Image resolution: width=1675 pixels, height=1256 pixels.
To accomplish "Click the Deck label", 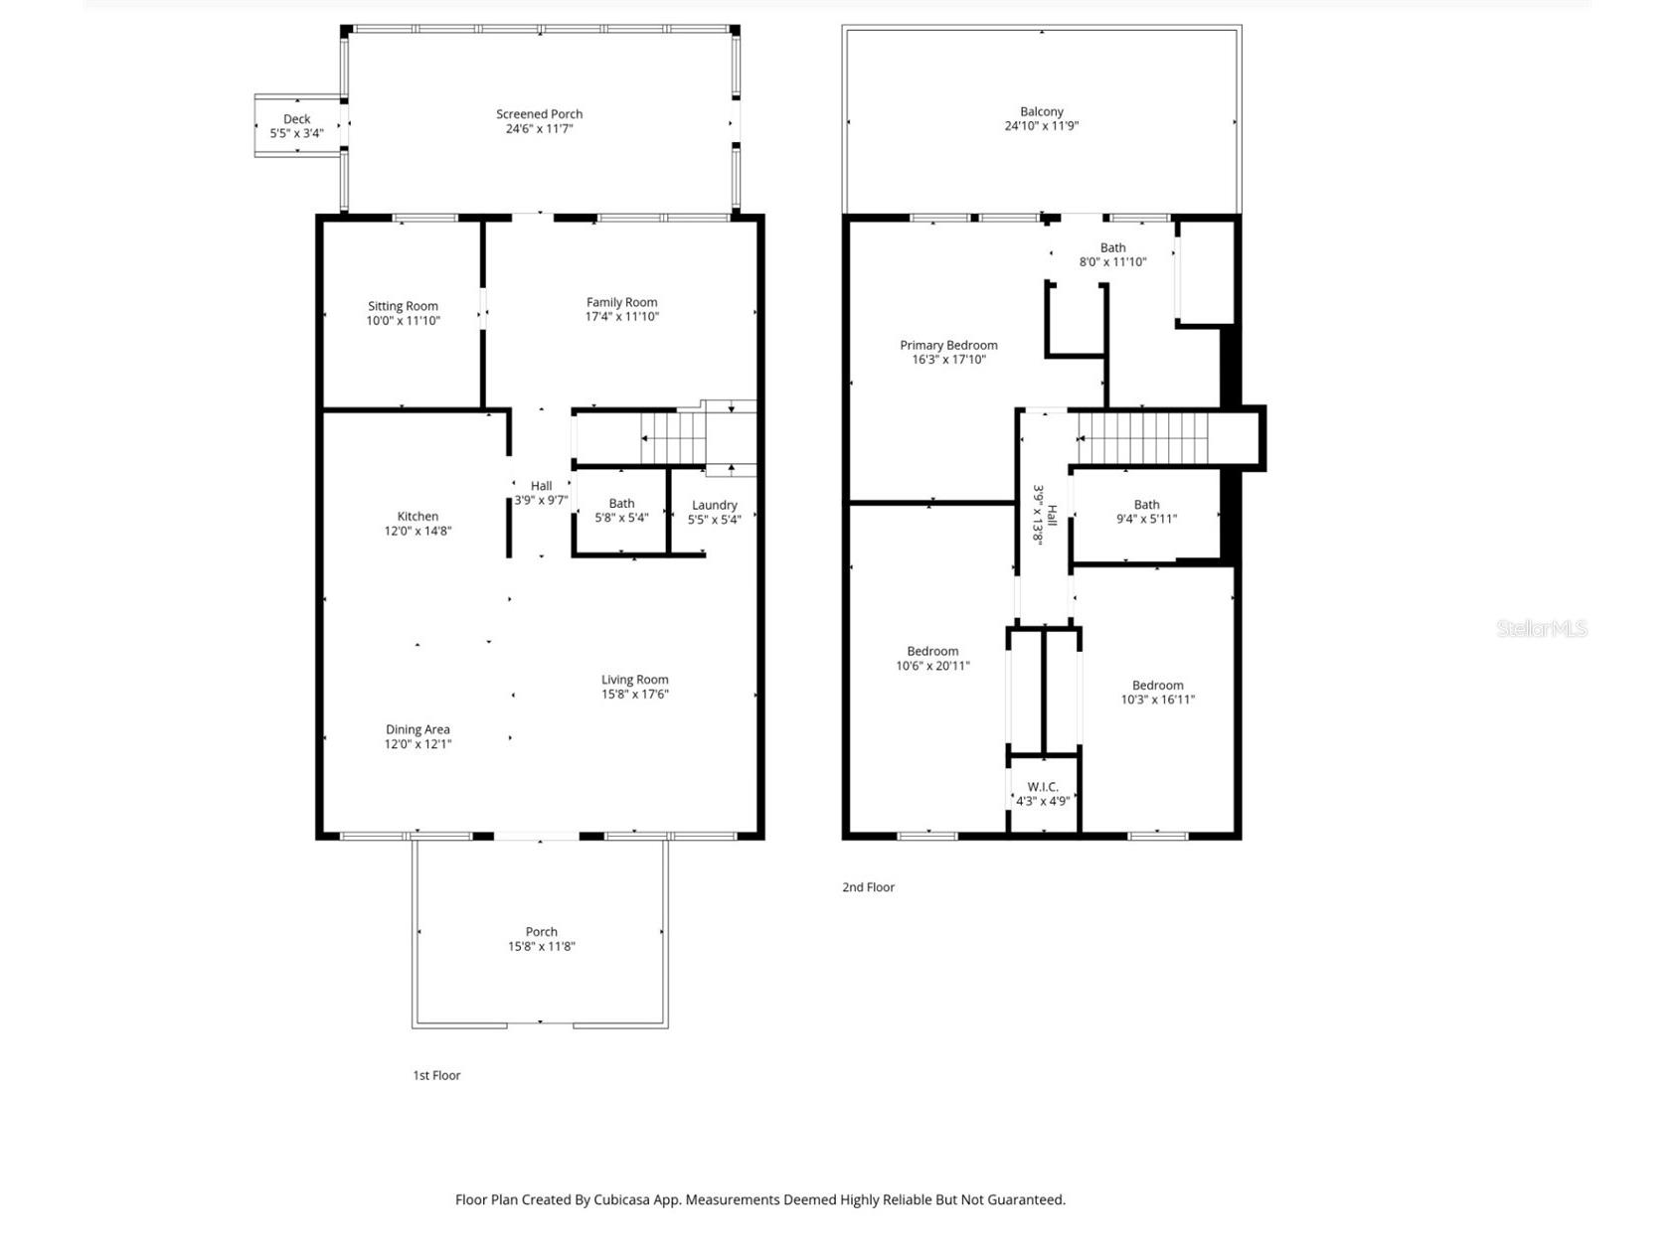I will coord(296,119).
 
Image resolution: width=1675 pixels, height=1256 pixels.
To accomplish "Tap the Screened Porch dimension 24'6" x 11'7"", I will coord(539,129).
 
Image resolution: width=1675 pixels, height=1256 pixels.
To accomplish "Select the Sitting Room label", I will coord(403,306).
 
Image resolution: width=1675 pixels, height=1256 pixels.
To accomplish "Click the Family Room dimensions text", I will coord(621,317).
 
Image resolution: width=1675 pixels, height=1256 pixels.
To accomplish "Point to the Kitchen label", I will coord(418,516).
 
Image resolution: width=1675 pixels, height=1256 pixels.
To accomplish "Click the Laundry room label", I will coord(714,505).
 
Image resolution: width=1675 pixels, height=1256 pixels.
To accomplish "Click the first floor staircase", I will coord(672,438).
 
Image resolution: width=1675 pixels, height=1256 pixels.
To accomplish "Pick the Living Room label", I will coord(634,680).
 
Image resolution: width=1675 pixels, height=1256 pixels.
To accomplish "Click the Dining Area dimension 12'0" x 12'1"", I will coord(418,744).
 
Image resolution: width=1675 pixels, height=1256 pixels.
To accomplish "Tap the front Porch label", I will coord(541,931).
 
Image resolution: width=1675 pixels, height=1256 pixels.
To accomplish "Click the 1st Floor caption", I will coord(436,1075).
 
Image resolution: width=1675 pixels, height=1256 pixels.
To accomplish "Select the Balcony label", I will coord(1041,112).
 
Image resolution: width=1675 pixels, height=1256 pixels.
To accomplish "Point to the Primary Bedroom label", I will coord(948,345).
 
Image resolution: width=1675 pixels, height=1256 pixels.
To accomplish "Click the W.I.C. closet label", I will coord(1043,787).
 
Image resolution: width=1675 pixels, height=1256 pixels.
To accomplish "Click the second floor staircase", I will coord(1143,438).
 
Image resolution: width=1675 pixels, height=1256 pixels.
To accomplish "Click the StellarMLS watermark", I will coord(1541,628).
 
